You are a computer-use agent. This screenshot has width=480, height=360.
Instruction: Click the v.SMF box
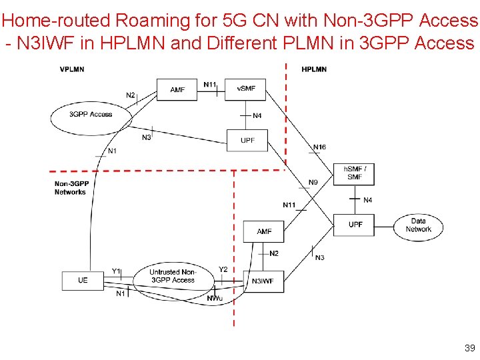point(245,89)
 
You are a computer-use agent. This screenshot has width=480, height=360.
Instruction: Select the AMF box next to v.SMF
point(177,89)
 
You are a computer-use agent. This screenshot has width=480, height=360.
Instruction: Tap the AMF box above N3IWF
point(264,231)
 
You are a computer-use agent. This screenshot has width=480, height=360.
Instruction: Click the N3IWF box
point(263,281)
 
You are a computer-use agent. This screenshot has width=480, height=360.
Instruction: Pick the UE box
point(82,280)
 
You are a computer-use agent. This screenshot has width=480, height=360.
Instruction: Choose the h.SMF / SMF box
point(354,173)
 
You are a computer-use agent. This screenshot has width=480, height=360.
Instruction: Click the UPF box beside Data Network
point(355,225)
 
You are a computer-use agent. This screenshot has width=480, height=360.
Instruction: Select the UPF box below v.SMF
point(247,140)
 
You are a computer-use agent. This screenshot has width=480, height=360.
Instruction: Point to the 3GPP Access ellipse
point(91,115)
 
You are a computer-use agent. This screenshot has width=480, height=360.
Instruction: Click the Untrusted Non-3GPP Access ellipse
point(173,276)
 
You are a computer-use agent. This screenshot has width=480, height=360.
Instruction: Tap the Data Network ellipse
point(418,225)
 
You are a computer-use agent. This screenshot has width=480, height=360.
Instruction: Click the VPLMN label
point(72,69)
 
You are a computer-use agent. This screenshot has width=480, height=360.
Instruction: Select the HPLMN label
point(314,69)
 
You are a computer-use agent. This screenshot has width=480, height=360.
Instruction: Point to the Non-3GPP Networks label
point(71,188)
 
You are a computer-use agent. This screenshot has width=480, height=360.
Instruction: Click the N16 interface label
point(320,147)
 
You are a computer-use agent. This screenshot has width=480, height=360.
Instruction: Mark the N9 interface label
point(313,183)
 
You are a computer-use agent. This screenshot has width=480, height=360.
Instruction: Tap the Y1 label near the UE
point(116,271)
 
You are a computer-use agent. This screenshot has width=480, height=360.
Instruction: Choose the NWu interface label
point(215,298)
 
